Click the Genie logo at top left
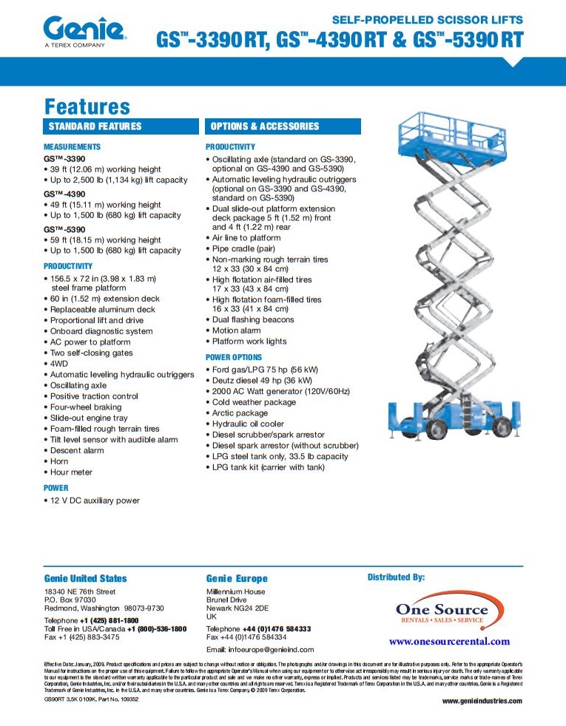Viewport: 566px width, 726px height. coord(84,32)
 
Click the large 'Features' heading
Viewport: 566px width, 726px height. coord(87,106)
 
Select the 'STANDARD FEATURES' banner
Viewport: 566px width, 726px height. coord(95,126)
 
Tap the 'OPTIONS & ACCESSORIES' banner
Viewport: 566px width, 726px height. coord(265,126)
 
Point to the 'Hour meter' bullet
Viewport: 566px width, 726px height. coord(71,472)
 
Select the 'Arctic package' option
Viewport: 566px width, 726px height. coord(240,413)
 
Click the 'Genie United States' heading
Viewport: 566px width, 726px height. coord(85,579)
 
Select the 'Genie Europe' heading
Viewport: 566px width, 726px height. coord(237,579)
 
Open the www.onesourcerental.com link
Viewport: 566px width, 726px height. coord(449,642)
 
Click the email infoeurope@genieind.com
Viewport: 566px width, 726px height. coord(260,649)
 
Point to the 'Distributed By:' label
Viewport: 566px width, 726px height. coord(396,577)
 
